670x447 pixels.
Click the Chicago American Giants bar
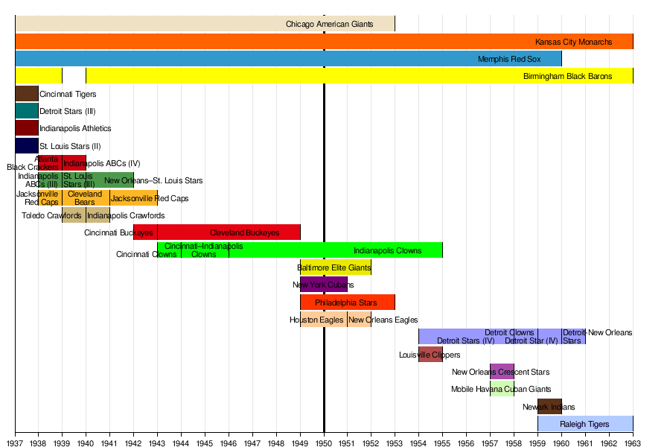[205, 24]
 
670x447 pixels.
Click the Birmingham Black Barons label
[567, 76]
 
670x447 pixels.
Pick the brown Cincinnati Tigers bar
[27, 94]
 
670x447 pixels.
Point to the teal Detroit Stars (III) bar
[27, 111]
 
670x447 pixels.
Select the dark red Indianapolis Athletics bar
[27, 128]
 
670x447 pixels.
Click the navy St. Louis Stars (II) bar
[27, 145]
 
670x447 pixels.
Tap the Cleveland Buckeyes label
[244, 232]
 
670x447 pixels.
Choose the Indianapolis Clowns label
[387, 250]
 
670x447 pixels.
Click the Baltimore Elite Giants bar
[336, 267]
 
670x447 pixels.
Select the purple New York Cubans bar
[324, 285]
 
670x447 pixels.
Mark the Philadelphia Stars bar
[347, 302]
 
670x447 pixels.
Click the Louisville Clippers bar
[430, 355]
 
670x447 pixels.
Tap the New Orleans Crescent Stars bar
[502, 372]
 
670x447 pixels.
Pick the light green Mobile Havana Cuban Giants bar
[502, 389]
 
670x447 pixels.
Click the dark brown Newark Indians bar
[549, 407]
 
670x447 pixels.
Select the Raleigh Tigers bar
[585, 424]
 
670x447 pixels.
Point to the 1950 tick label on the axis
[324, 441]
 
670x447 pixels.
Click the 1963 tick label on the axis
[633, 441]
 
